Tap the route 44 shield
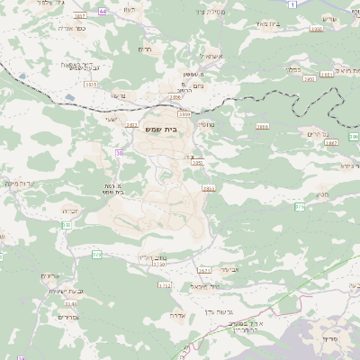(x=103, y=12)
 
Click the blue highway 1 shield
(x=292, y=5)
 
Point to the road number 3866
(x=263, y=127)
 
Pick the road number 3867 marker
(x=331, y=142)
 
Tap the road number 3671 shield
(x=203, y=269)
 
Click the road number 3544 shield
(x=70, y=304)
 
